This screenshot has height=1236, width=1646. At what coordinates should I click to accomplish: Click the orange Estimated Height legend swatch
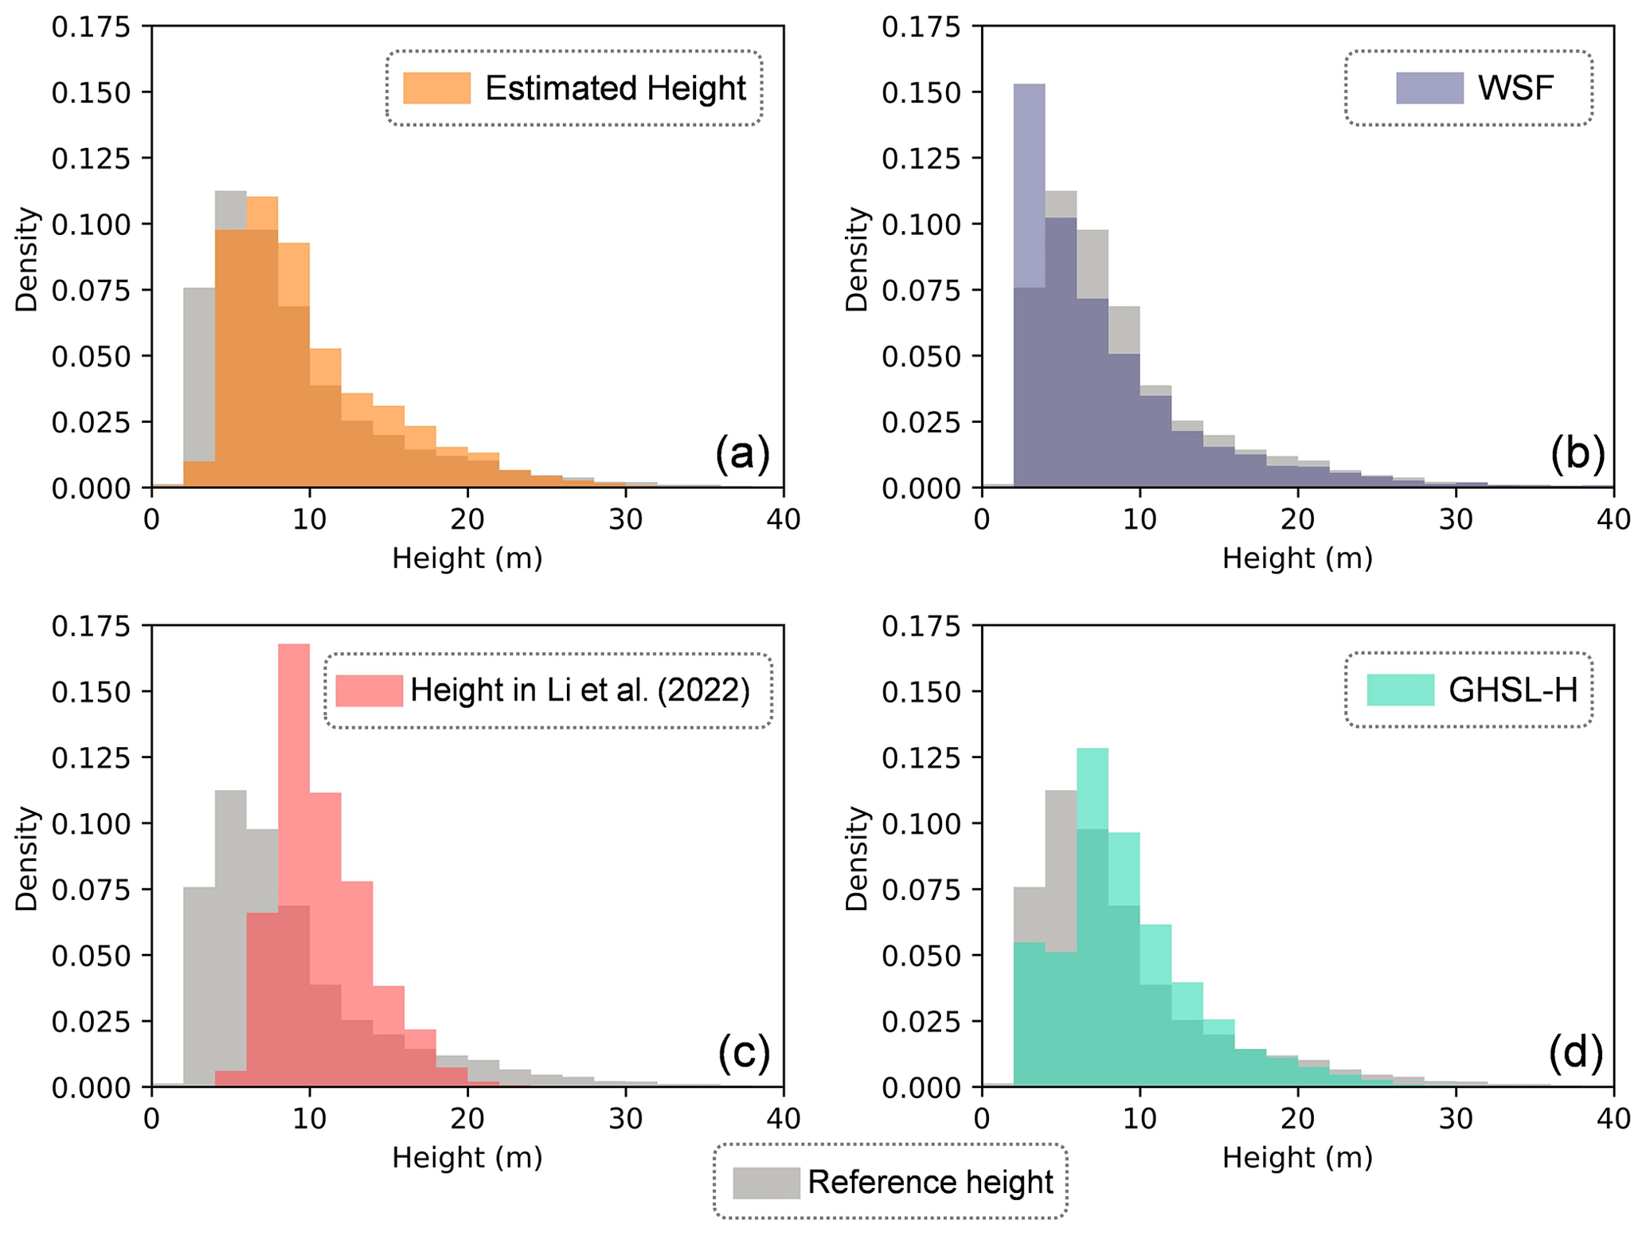pos(436,88)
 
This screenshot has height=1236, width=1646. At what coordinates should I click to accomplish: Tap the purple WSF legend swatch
pos(1429,88)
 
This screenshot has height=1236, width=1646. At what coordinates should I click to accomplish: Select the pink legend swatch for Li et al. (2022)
pos(369,690)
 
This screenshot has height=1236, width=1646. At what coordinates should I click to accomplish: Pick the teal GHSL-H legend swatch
pos(1400,690)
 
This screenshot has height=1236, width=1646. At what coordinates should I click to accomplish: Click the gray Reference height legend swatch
pos(766,1183)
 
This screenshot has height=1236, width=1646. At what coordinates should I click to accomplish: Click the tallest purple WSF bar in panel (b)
pos(1029,287)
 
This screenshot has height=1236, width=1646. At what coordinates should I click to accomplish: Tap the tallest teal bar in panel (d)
pos(1092,916)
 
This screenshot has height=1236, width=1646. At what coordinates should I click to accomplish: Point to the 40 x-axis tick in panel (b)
pos(1613,519)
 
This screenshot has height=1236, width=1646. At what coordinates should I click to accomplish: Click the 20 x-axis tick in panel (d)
pos(1297,1119)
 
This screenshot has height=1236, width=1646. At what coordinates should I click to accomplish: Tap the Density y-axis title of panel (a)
pos(27,259)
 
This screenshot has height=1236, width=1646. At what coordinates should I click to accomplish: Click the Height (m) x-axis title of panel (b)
pos(1297,558)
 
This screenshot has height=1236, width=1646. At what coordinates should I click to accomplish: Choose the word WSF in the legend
pos(1515,88)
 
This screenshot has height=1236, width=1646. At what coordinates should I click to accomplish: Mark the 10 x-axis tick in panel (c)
pos(309,1119)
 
